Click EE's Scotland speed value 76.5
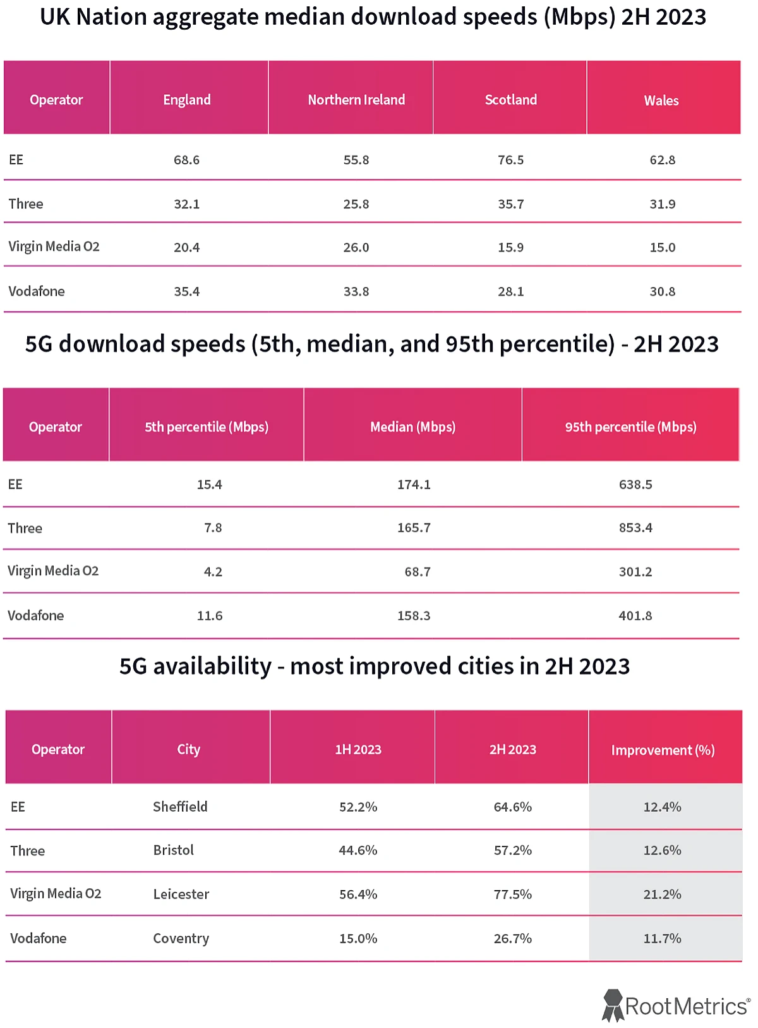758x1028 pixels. (x=510, y=160)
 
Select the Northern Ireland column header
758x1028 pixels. (x=356, y=100)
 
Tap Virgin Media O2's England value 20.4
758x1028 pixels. (x=186, y=248)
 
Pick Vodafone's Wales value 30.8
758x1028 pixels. (x=662, y=291)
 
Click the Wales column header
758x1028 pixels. (x=661, y=101)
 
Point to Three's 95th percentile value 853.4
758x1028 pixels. (x=635, y=528)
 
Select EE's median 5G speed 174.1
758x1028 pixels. (x=414, y=485)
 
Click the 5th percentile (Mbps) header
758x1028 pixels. (x=207, y=427)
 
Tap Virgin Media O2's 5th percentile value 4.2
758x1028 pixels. (x=213, y=572)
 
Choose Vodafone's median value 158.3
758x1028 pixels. (x=414, y=616)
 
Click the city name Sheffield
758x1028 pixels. (x=180, y=807)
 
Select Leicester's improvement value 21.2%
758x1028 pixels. (x=662, y=895)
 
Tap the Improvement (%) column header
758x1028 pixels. (x=663, y=750)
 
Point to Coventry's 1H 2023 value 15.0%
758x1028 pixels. (x=358, y=939)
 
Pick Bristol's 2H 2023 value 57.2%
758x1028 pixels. (x=512, y=850)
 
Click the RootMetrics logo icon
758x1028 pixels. (x=612, y=1005)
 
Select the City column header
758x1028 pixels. (x=188, y=750)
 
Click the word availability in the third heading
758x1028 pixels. (x=212, y=666)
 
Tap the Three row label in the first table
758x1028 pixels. (x=26, y=204)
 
